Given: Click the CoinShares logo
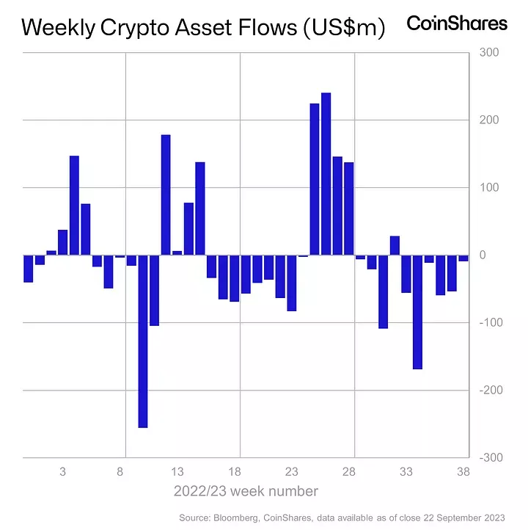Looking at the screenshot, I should click(457, 23).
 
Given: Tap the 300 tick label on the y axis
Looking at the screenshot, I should click(488, 53).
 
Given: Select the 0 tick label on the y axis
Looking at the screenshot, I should click(483, 255).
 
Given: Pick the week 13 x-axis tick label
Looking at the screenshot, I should click(177, 472).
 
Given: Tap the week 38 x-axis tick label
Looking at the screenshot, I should click(463, 472).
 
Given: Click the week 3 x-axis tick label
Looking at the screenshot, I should click(63, 472).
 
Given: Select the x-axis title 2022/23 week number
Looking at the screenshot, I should click(246, 491).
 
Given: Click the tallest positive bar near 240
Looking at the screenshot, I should click(326, 174).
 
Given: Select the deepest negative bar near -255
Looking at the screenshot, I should click(143, 341).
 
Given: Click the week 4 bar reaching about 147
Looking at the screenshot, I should click(74, 206).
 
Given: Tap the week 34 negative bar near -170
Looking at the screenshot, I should click(417, 312).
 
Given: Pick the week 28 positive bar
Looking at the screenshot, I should click(349, 208).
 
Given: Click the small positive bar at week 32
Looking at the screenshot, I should click(395, 245).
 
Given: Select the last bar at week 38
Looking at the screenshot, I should click(463, 258).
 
